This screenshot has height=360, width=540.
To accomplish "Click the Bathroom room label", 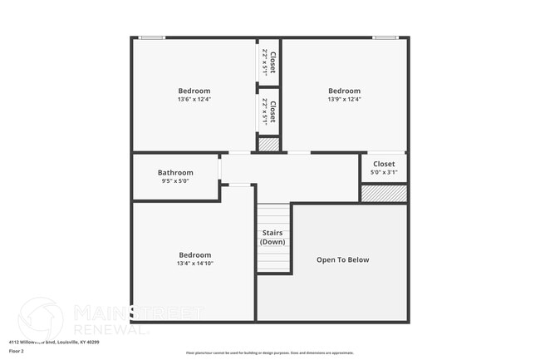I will click(175, 173).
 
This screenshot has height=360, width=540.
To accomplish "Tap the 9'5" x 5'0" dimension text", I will click(175, 181).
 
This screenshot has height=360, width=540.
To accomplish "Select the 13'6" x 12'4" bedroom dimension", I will click(194, 100).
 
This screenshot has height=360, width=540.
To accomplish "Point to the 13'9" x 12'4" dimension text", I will click(344, 100).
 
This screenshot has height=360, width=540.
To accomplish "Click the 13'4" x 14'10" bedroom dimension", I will click(194, 264).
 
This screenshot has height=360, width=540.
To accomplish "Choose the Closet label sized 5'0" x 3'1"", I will click(384, 164).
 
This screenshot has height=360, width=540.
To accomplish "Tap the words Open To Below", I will click(342, 259).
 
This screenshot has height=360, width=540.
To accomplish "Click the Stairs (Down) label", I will click(272, 237).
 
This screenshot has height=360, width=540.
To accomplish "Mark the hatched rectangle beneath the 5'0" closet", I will click(384, 193).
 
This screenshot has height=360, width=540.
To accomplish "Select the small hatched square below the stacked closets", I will click(268, 145).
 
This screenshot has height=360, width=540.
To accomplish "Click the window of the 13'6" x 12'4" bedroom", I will click(151, 37).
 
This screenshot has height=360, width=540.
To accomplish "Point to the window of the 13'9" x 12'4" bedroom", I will click(385, 37).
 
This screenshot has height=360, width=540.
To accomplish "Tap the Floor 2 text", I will click(17, 351).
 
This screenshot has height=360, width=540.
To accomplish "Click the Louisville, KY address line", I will click(54, 341).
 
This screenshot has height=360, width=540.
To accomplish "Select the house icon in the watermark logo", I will click(40, 318).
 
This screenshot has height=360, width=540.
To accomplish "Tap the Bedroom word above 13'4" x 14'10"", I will click(194, 255).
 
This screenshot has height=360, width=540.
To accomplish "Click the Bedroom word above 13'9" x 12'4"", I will click(344, 91).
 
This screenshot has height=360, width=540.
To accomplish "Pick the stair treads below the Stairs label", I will click(272, 259).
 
